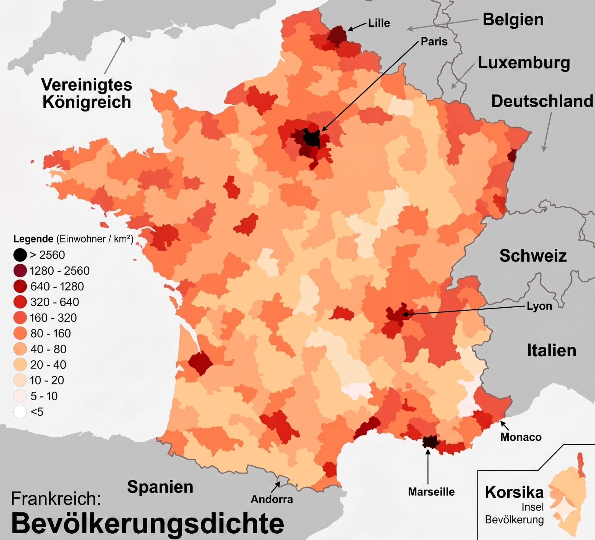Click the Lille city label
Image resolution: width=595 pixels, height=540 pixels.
click(379, 23)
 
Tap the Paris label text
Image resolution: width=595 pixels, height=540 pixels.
click(434, 41)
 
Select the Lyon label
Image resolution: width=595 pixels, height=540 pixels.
click(539, 306)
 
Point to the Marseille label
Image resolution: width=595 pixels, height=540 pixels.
click(431, 492)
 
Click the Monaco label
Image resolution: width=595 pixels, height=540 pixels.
click(521, 437)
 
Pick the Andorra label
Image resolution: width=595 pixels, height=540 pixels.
click(272, 499)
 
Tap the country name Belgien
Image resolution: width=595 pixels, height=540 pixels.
click(513, 20)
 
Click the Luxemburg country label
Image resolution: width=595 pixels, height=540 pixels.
click(524, 63)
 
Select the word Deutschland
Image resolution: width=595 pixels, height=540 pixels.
click(542, 101)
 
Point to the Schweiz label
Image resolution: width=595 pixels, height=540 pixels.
click(533, 256)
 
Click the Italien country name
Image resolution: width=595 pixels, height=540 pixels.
click(552, 351)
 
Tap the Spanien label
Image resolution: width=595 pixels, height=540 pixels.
click(160, 487)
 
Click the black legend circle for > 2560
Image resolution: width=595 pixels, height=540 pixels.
click(20, 255)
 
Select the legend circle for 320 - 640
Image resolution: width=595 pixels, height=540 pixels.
click(20, 302)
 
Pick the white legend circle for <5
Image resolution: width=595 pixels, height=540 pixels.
click(20, 412)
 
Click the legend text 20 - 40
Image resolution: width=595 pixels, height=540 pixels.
click(48, 365)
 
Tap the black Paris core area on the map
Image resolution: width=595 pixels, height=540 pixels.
click(311, 138)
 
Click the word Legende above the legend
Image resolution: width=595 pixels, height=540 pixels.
click(33, 239)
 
